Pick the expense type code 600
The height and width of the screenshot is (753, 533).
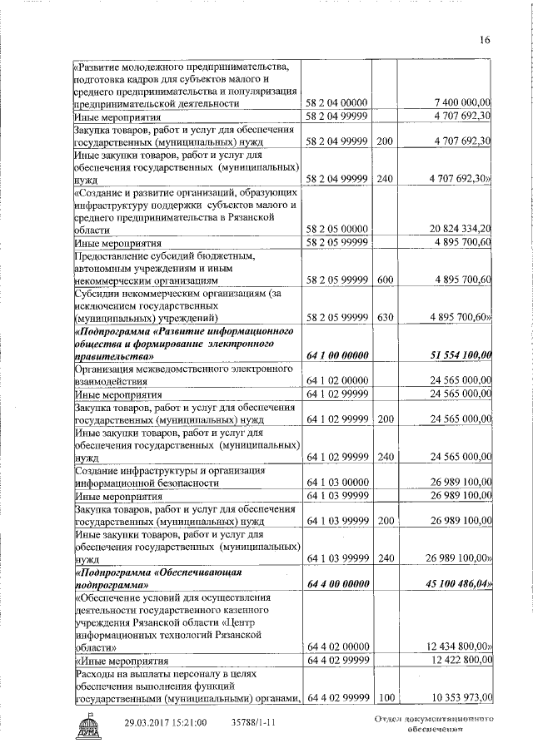click(x=384, y=279)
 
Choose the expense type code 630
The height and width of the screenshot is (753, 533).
click(x=384, y=317)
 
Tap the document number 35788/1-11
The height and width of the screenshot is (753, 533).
click(x=253, y=722)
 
